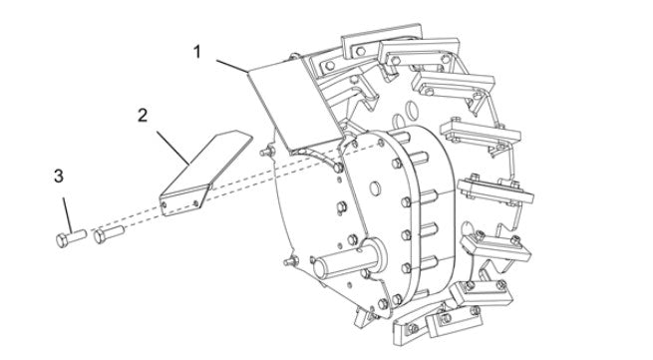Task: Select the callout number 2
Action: click(x=143, y=115)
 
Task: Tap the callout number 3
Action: click(x=59, y=177)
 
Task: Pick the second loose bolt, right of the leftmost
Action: click(x=107, y=235)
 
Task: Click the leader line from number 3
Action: click(x=66, y=209)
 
